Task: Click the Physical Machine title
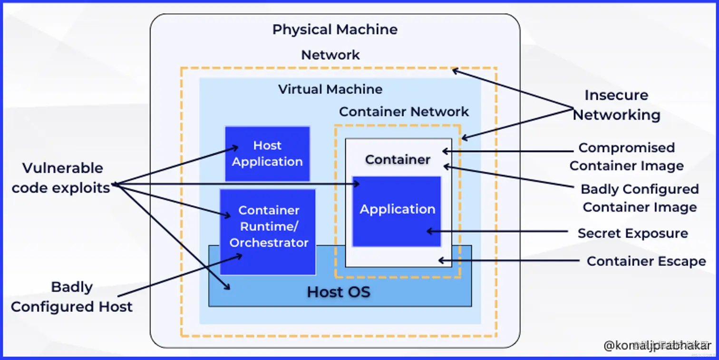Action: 335,29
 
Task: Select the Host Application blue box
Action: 267,154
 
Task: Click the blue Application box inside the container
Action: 397,210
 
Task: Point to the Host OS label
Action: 338,292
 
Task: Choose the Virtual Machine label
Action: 330,89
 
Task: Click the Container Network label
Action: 404,112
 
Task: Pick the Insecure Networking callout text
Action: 616,105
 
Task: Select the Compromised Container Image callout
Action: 626,156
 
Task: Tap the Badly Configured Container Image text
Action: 640,198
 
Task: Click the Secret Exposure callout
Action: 632,234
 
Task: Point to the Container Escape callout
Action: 646,261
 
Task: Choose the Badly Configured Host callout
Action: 71,297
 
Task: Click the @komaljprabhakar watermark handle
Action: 657,346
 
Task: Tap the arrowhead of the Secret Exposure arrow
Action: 428,232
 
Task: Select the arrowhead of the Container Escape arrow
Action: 440,261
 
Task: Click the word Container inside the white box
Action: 398,159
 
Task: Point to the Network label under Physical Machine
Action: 330,55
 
